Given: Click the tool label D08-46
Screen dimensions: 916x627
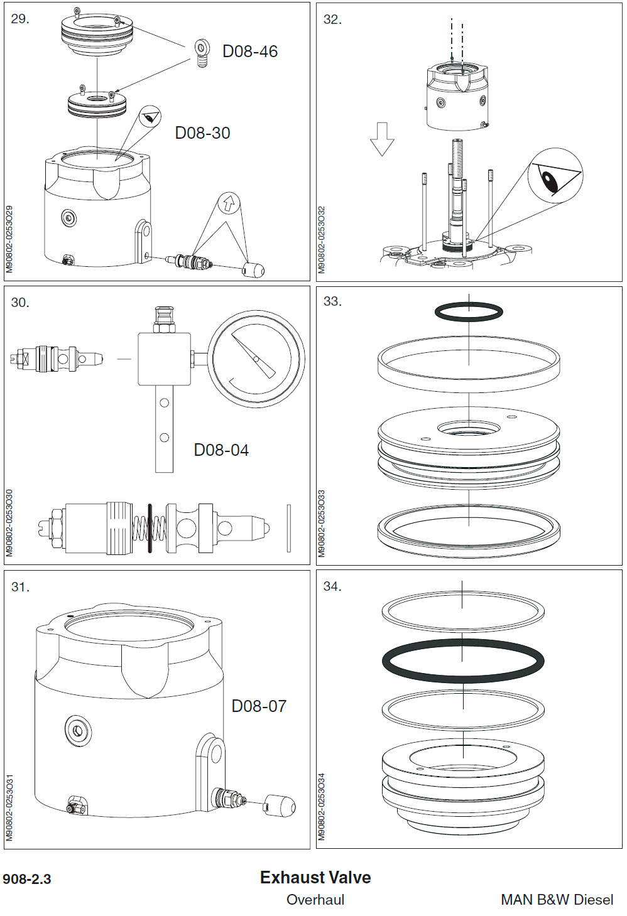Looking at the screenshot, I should pos(249,51).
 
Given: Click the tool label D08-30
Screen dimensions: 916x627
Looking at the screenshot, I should pos(202,133).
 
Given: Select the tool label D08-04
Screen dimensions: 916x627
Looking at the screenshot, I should pos(221,450).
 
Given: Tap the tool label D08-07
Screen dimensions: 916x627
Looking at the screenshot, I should pos(259,706).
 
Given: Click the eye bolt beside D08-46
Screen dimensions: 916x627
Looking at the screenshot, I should pos(202,53).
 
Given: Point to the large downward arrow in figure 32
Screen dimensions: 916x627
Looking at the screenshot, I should pos(381,139).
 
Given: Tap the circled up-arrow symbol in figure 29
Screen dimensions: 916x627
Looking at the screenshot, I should pos(229,203).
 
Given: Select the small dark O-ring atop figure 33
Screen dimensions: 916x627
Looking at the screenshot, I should pos(469,311).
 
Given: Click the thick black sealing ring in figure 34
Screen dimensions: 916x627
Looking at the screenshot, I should pos(463,660).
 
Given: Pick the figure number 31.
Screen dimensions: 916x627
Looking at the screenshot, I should pos(19,587).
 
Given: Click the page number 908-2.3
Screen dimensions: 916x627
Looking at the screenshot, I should pos(27,879).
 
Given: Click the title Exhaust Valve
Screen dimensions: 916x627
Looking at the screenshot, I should pos(315,877).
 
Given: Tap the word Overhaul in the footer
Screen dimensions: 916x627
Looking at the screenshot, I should pos(315,900).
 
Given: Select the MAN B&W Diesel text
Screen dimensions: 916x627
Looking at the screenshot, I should pos(557,900).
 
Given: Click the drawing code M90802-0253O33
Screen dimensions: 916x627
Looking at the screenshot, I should pos(322,523).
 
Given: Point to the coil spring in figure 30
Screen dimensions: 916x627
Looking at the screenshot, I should pos(150,529).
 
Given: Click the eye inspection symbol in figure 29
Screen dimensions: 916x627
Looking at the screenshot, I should pos(149,117).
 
